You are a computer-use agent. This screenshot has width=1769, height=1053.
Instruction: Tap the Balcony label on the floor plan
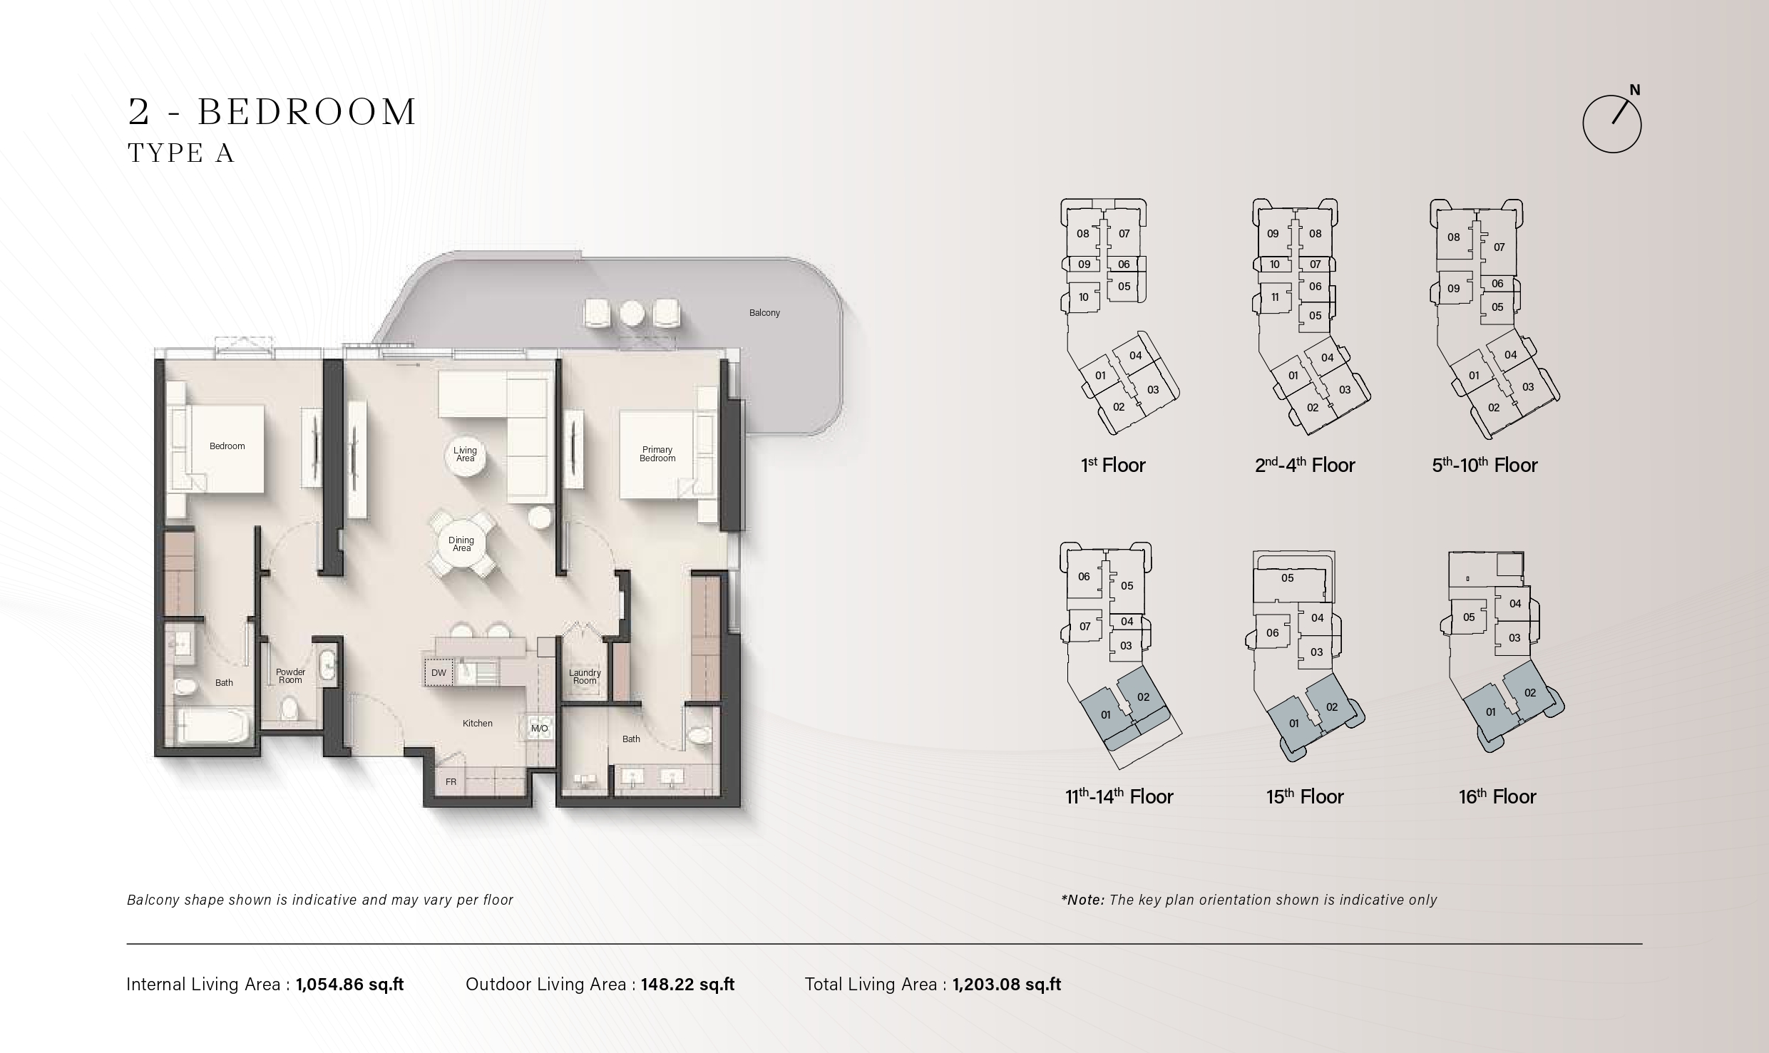pos(764,313)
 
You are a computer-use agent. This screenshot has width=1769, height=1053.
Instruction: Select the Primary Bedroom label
pos(657,454)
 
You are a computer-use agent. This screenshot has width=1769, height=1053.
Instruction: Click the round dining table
pos(461,544)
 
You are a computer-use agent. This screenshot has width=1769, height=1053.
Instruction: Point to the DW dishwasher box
pos(439,672)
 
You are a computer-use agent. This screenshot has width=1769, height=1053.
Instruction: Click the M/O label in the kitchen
pos(540,728)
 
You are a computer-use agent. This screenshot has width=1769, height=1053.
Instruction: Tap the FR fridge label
pos(451,782)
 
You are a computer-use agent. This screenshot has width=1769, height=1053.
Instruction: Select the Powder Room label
pos(290,676)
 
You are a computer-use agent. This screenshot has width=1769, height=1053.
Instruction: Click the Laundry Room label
pos(585,677)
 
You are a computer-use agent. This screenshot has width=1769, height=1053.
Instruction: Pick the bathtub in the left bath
pos(212,726)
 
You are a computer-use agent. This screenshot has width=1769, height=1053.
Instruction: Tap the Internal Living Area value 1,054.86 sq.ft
pos(349,985)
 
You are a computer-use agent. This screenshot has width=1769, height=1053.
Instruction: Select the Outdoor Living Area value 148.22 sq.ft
pos(687,985)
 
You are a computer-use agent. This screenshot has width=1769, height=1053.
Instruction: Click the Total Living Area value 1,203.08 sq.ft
pos(1007,985)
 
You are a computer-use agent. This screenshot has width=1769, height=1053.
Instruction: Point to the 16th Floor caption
pos(1497,796)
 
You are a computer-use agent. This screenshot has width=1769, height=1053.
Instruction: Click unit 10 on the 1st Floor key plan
pos(1083,297)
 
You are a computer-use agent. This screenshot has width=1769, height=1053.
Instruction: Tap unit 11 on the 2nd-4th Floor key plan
pos(1275,297)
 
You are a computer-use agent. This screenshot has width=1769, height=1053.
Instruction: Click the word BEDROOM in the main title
pos(307,112)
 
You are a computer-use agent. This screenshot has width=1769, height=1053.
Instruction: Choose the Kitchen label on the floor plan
pos(477,723)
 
